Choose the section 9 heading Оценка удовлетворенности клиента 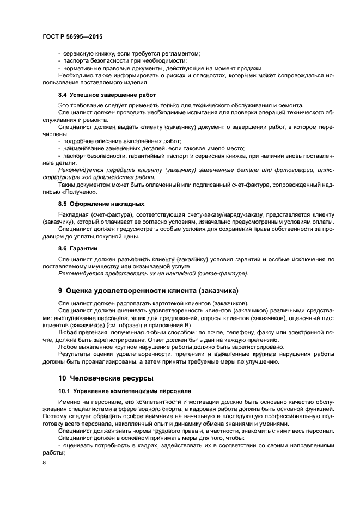(x=148, y=290)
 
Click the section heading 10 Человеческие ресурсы (x=106, y=377)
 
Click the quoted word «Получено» (x=80, y=191)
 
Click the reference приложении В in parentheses (x=167, y=324)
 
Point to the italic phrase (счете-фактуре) (x=222, y=273)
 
